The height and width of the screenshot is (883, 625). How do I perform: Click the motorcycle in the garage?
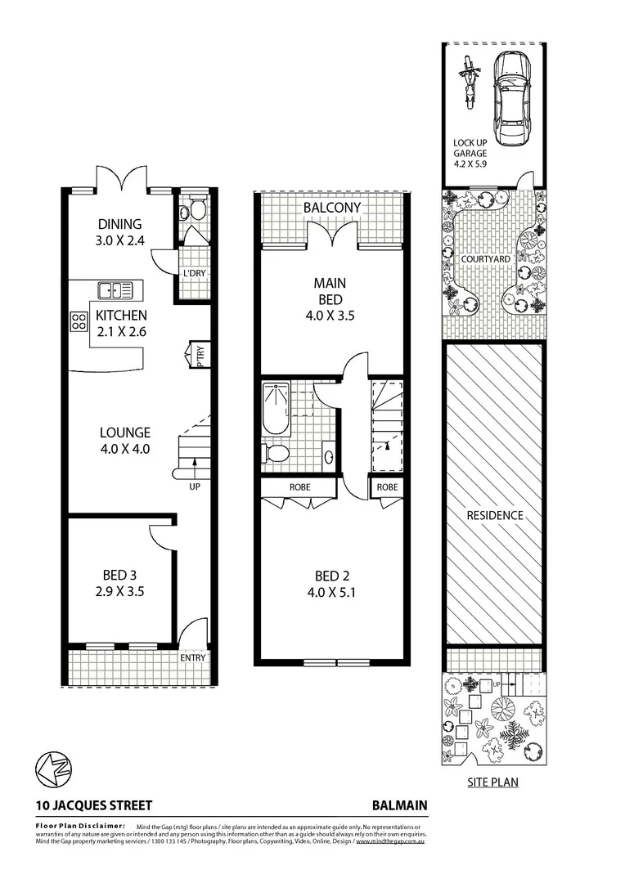pyautogui.click(x=469, y=82)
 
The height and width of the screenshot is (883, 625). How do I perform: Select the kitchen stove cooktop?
pyautogui.click(x=79, y=321)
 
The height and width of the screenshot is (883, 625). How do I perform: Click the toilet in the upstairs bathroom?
pyautogui.click(x=276, y=453)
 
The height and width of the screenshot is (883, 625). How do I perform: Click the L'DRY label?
pyautogui.click(x=194, y=273)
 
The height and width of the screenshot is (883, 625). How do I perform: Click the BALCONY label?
pyautogui.click(x=332, y=208)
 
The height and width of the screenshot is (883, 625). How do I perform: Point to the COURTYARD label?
pyautogui.click(x=485, y=259)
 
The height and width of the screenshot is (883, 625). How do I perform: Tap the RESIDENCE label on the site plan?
pyautogui.click(x=494, y=516)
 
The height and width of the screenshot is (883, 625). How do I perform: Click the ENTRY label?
pyautogui.click(x=193, y=657)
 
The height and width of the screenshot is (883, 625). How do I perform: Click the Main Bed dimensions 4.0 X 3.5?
pyautogui.click(x=331, y=315)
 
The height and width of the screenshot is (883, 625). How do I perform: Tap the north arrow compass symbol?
pyautogui.click(x=53, y=769)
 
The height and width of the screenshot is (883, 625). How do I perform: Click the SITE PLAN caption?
pyautogui.click(x=492, y=782)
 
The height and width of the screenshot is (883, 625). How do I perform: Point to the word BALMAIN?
pyautogui.click(x=399, y=805)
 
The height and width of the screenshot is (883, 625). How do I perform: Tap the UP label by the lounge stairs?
pyautogui.click(x=194, y=486)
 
